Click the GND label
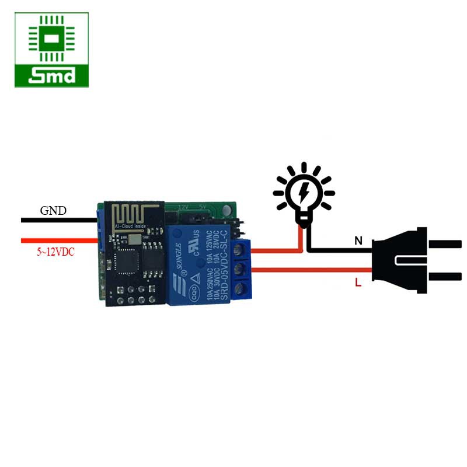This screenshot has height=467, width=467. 53,211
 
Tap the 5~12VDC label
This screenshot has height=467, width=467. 56,253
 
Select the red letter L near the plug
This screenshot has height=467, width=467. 358,283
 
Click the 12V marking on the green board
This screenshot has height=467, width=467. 183,207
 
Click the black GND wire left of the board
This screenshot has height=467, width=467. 58,220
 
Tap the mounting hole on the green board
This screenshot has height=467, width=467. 225,208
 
